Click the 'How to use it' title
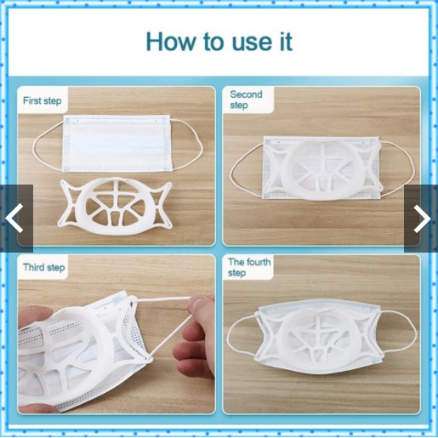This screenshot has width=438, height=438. tap(219, 42)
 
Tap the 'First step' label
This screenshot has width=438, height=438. tap(42, 100)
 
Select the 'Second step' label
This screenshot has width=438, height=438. tap(246, 100)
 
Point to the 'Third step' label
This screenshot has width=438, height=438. tap(44, 267)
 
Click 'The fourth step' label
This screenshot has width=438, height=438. tap(249, 267)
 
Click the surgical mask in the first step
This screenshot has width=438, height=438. tap(117, 143)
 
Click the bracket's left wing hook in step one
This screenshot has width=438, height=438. tap(68, 203)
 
